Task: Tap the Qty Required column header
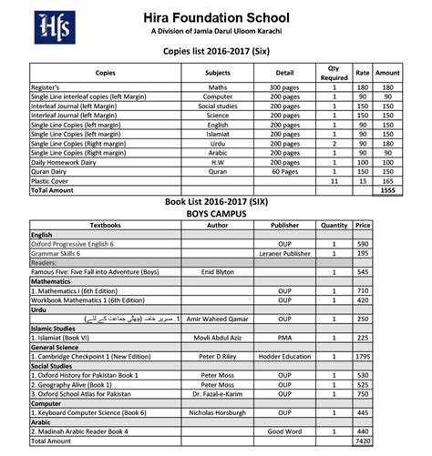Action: [x=334, y=72]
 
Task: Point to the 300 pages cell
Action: [x=284, y=87]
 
